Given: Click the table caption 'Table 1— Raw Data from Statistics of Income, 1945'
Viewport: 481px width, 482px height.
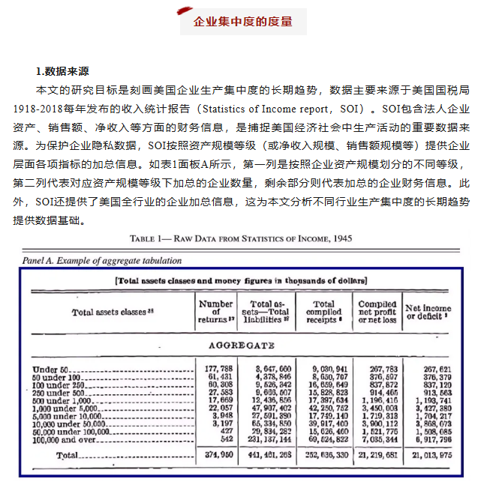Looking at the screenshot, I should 240,238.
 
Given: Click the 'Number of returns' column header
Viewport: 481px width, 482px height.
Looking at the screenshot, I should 215,311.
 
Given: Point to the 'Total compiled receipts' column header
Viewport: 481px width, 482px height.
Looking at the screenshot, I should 324,311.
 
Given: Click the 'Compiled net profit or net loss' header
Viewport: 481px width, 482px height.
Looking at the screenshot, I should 377,311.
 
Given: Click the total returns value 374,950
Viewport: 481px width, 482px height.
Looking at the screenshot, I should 216,455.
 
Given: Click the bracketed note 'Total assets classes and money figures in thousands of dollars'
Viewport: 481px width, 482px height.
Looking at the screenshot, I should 242,280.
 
